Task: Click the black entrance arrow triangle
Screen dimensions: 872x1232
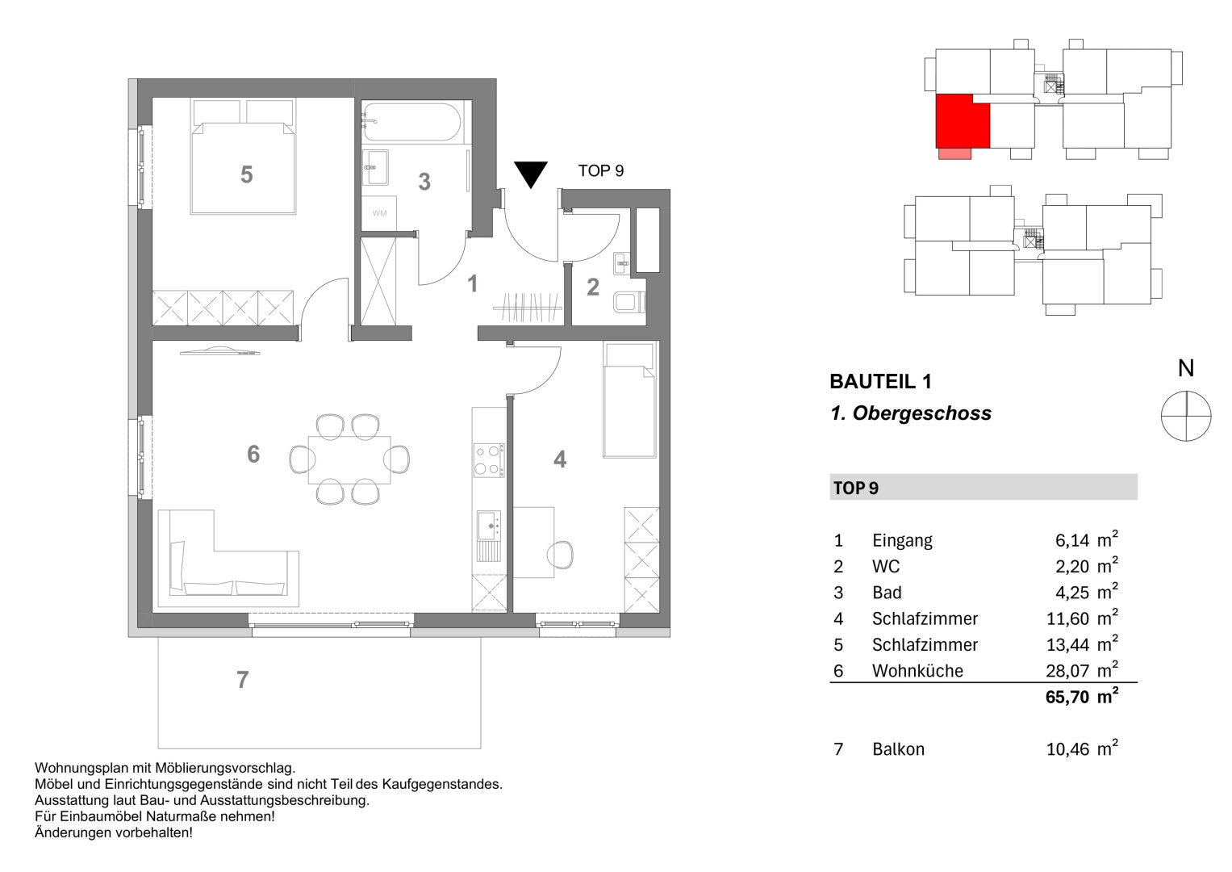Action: (x=530, y=173)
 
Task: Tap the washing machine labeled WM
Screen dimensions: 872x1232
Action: (x=378, y=213)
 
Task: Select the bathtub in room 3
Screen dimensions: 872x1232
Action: (x=412, y=122)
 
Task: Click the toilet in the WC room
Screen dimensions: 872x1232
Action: (x=628, y=303)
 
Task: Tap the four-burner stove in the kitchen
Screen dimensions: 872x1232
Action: (x=488, y=460)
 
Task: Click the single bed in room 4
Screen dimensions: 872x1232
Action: (x=629, y=400)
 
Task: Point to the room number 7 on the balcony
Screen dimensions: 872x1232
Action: (x=242, y=681)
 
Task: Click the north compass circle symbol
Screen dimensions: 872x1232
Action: (x=1185, y=416)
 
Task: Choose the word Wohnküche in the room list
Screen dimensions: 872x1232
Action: (x=917, y=671)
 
